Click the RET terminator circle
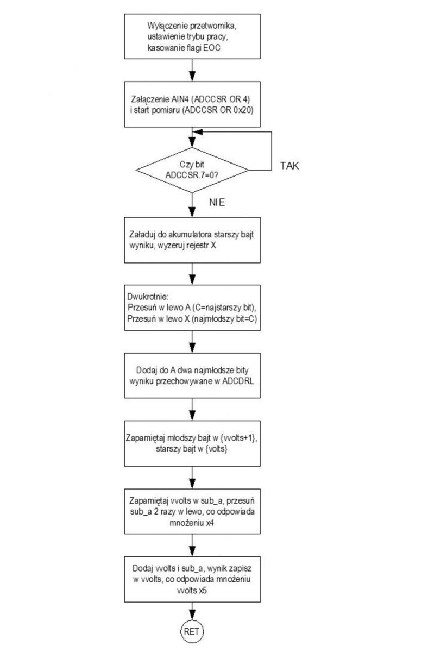coord(192,631)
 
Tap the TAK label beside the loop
coord(289,166)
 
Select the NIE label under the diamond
coord(217,202)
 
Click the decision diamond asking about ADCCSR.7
coord(192,170)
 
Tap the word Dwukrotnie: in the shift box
coord(148,297)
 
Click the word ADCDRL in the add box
coord(238,381)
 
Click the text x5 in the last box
coord(203,591)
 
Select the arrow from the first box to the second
coord(192,70)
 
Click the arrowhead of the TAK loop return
coord(197,132)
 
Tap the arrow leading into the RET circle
coord(192,611)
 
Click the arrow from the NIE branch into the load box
coord(192,205)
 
